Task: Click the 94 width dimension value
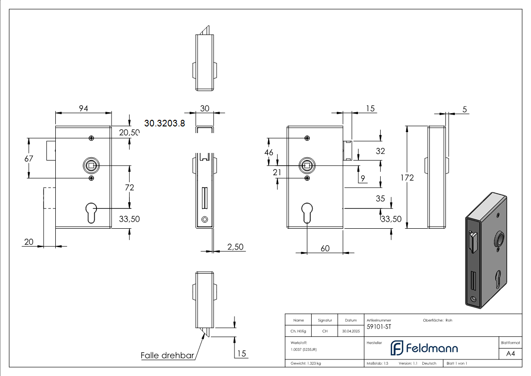83,108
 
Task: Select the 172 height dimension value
407,178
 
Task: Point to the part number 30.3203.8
164,123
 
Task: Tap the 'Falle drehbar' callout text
167,355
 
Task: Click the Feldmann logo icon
396,348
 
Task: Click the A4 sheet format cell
510,354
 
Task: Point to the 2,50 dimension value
235,247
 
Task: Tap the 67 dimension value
29,159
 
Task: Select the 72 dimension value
129,188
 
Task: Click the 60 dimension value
325,249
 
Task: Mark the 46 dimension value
269,152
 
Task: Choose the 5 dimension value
465,109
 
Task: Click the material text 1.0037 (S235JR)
304,349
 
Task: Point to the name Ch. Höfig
298,331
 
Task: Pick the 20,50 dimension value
129,133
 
